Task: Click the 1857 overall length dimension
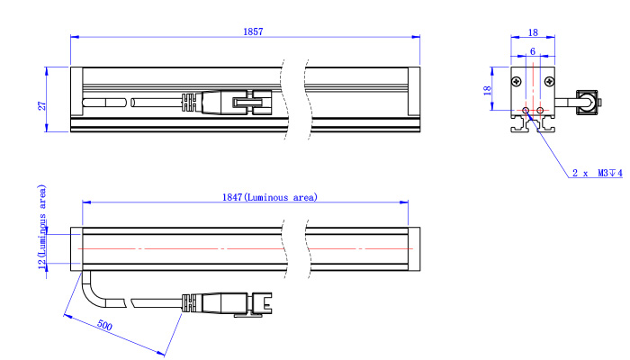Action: coord(253,31)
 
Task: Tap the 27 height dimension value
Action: coord(41,105)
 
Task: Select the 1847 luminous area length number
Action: coord(232,197)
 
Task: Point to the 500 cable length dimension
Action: coord(104,325)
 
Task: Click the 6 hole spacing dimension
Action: coord(533,51)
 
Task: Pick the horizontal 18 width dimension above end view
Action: coord(533,32)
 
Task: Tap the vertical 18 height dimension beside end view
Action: coord(488,90)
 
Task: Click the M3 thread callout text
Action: coord(610,173)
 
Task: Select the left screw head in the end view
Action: coord(517,82)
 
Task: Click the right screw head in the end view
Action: coord(549,82)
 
